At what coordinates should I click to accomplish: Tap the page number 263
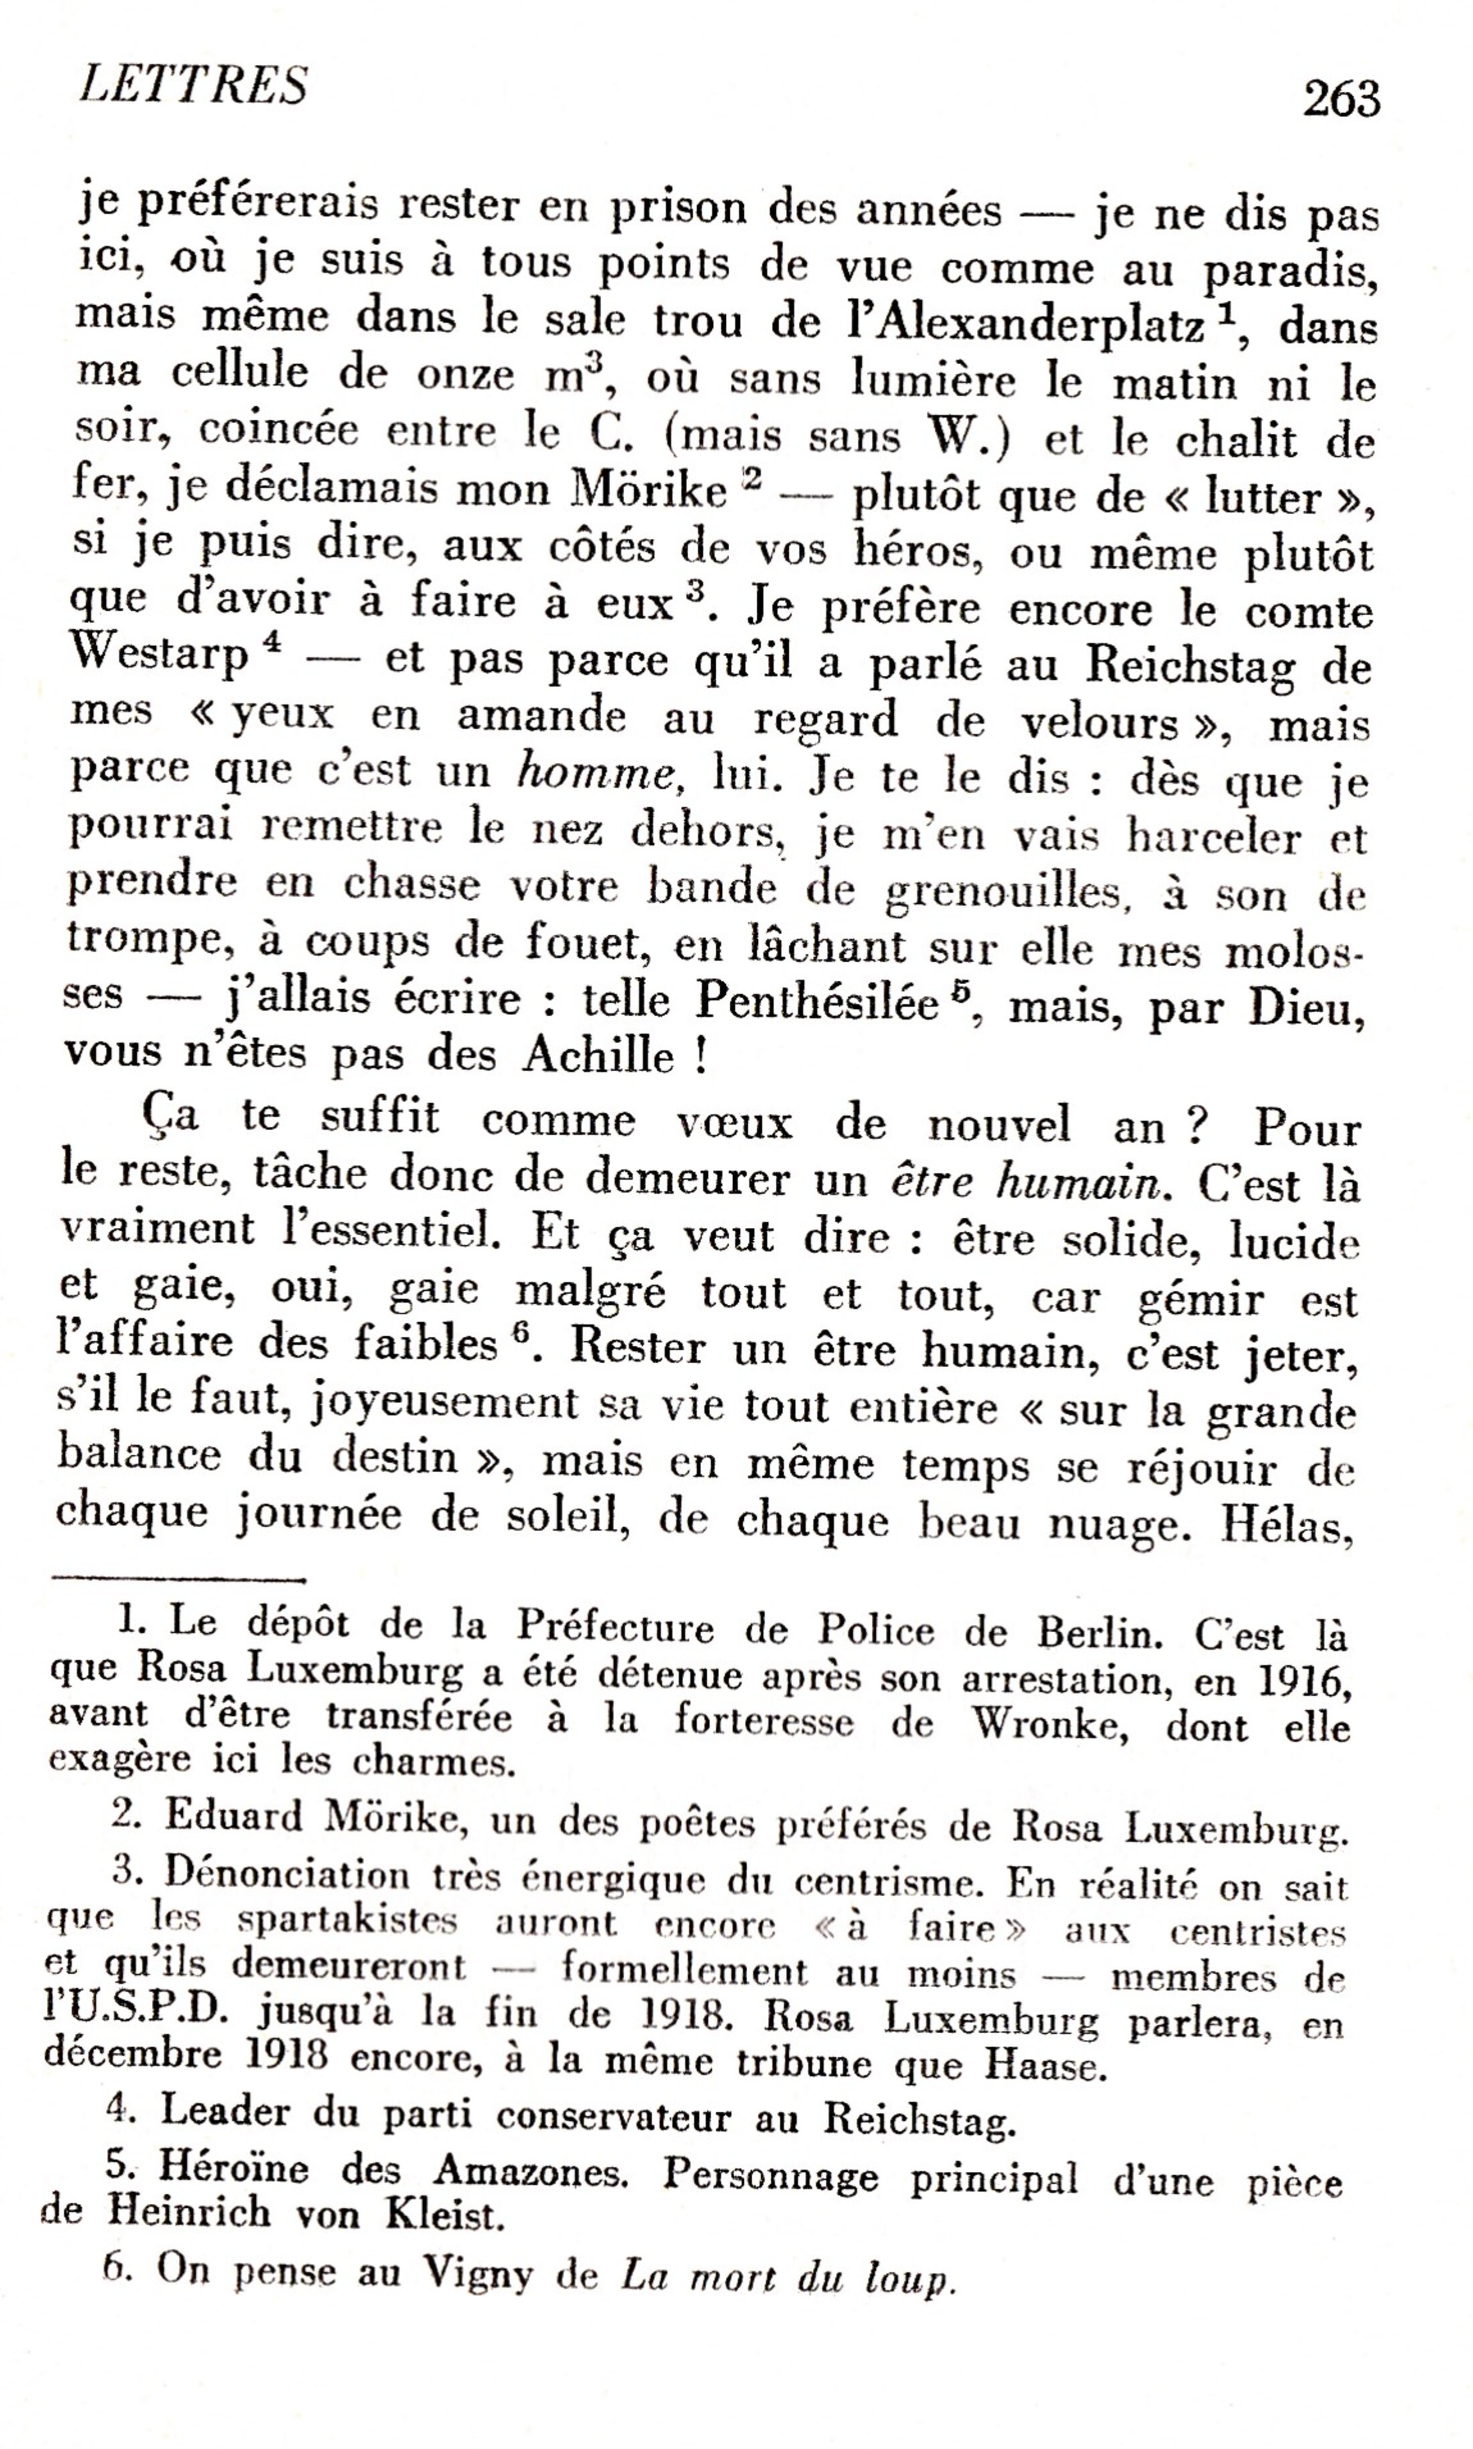pos(1341,99)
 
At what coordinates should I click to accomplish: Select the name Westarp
pos(160,656)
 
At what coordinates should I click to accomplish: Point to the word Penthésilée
pos(817,1002)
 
